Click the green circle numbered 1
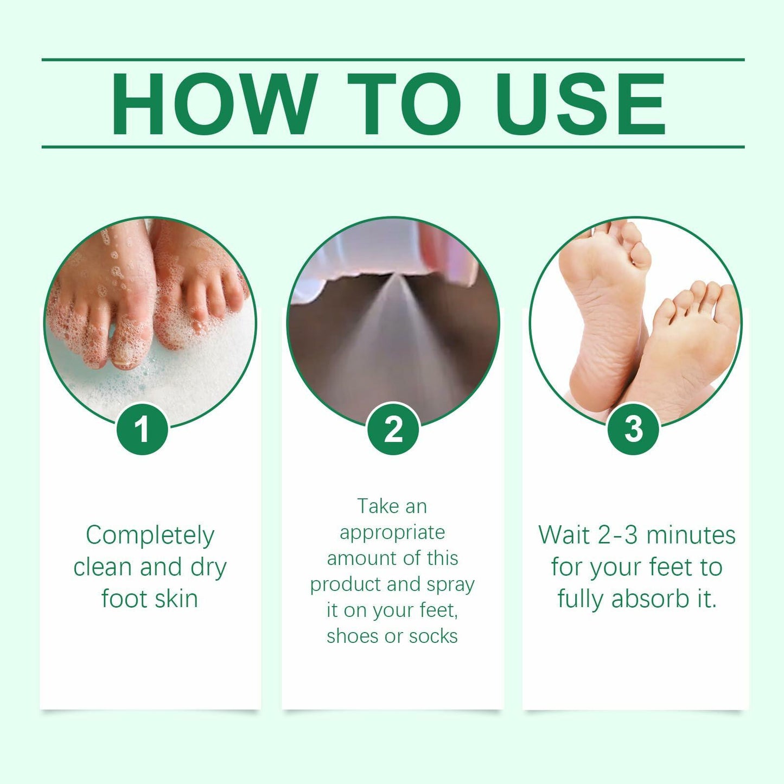(142, 429)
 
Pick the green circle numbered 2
(393, 429)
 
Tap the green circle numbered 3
(633, 429)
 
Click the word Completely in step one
(150, 536)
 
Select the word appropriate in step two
(392, 533)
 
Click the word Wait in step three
(564, 535)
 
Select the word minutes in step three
(691, 535)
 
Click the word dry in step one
(208, 568)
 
